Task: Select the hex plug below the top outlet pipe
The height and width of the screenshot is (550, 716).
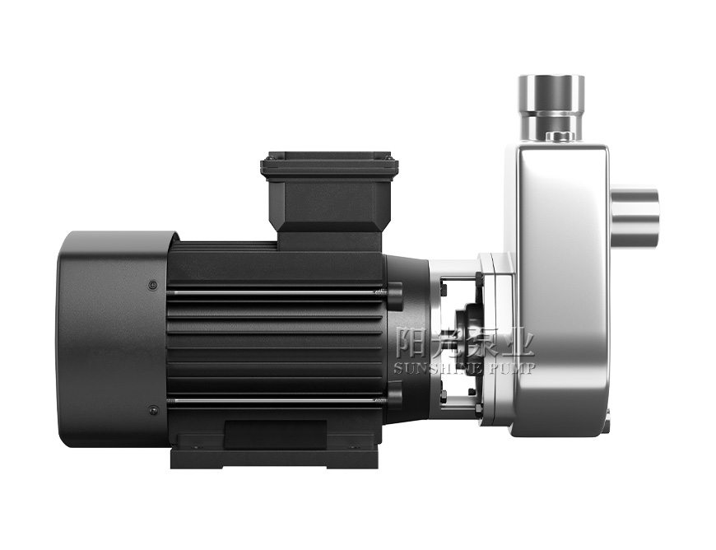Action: (x=557, y=135)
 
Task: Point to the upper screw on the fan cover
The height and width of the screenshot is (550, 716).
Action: (x=152, y=286)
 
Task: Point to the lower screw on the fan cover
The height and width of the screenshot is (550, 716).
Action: (x=152, y=409)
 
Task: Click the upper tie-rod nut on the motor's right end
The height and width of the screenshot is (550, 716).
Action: (x=394, y=291)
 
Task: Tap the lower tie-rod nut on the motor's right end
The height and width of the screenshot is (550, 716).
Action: (x=394, y=401)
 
